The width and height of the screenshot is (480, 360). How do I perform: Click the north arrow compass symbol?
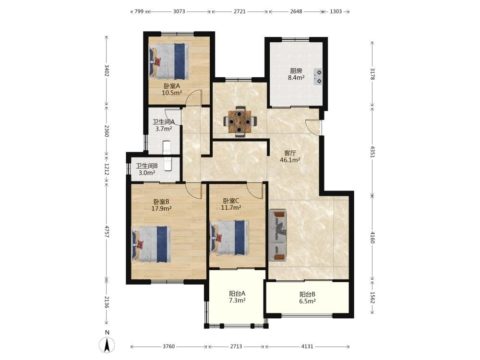107,345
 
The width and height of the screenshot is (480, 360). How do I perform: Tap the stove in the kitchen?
318,77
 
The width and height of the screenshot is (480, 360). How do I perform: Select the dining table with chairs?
240,121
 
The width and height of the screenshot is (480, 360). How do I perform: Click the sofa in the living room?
277,235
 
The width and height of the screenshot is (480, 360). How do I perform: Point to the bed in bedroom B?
151,244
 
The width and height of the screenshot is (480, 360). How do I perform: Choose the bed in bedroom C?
229,238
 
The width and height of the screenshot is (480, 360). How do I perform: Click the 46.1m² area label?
290,160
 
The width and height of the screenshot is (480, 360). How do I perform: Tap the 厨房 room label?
296,71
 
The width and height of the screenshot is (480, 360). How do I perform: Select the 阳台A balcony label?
237,293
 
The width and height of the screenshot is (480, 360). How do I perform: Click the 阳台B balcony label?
307,295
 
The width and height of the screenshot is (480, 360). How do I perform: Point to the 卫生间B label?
147,166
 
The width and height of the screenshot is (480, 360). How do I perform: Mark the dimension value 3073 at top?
179,12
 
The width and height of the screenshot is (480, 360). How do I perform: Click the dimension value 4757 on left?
107,231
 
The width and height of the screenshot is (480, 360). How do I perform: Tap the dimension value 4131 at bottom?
307,347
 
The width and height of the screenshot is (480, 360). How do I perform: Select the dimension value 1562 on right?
372,297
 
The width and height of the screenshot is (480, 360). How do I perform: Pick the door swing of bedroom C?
255,190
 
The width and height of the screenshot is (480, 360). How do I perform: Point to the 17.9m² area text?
161,209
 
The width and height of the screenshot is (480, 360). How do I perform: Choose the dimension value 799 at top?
139,12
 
